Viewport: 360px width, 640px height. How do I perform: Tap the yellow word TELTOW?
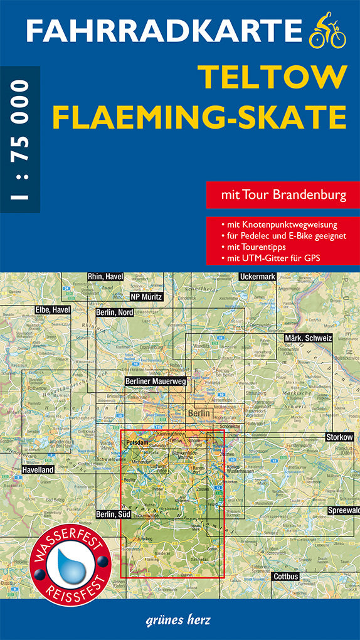tap(273, 77)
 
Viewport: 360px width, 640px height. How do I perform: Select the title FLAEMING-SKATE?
tap(199, 117)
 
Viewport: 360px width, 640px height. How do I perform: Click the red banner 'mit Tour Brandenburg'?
tap(283, 195)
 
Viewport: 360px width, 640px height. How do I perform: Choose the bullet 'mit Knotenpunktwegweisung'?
tap(279, 224)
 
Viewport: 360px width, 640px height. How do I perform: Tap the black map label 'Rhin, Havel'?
tap(105, 277)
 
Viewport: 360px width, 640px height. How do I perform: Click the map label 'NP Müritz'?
tap(146, 297)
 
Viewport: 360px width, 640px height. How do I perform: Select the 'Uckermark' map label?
tap(258, 277)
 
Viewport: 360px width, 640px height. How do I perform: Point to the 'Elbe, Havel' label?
tap(53, 309)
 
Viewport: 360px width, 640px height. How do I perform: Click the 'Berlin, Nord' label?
tap(115, 312)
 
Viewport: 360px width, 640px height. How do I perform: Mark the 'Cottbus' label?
tap(286, 576)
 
